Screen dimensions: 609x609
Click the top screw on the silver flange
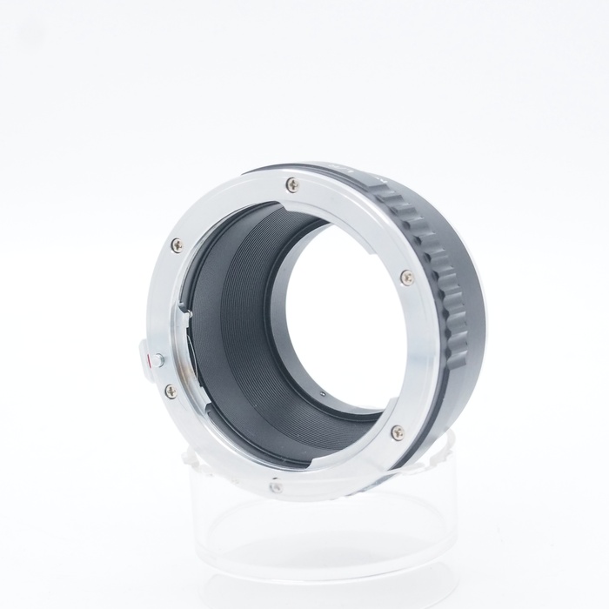click(x=292, y=184)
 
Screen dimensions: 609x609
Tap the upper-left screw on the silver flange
click(x=177, y=245)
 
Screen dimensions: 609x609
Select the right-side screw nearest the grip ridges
click(x=406, y=278)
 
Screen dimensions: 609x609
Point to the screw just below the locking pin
click(x=171, y=391)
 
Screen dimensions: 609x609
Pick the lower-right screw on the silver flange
click(x=398, y=432)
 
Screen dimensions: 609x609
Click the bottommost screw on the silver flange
click(x=276, y=487)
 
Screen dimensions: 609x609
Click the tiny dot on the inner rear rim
click(x=321, y=392)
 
